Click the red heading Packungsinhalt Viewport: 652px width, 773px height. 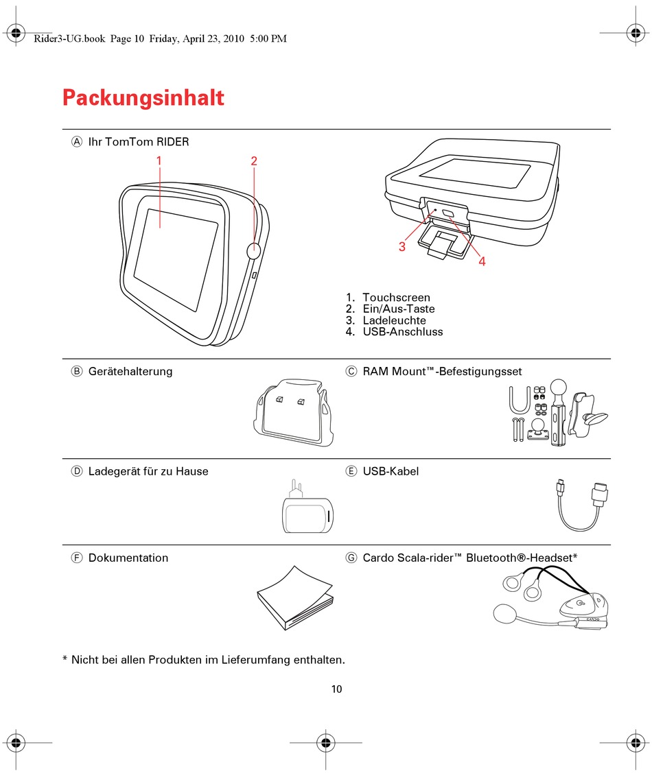(143, 97)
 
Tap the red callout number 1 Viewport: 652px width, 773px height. (159, 160)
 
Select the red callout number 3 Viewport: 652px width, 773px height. (402, 246)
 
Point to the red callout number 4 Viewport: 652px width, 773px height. (482, 261)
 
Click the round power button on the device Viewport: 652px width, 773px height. (253, 250)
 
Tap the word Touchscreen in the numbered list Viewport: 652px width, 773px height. (396, 297)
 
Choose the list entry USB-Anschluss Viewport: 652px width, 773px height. (402, 332)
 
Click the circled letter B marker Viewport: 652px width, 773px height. (77, 371)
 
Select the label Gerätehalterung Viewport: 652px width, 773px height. (130, 371)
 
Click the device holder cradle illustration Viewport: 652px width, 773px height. (294, 412)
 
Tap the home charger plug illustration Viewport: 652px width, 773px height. (307, 507)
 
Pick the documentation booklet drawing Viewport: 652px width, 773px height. (295, 597)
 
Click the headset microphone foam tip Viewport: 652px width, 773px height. (504, 614)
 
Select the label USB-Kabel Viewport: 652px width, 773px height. (391, 471)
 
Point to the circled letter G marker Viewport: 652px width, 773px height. (351, 558)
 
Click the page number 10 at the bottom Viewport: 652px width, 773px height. (336, 689)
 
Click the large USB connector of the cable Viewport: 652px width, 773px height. (599, 494)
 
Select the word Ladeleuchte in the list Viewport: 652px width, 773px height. (394, 320)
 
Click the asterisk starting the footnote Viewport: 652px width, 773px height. (65, 658)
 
